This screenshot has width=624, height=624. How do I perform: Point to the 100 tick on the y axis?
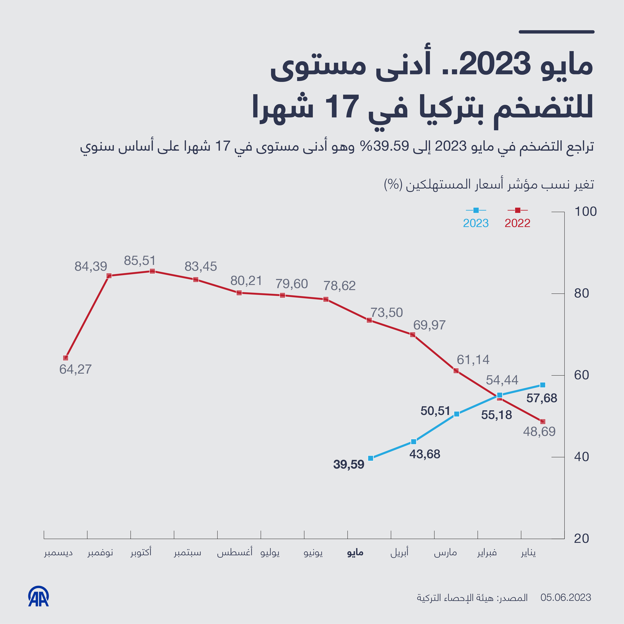pyautogui.click(x=585, y=212)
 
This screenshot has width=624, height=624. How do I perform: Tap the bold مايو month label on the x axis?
pyautogui.click(x=355, y=553)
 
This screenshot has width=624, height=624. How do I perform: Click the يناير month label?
pyautogui.click(x=528, y=553)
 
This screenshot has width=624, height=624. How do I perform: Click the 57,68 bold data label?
pyautogui.click(x=542, y=398)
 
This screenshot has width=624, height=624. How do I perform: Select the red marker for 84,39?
pyautogui.click(x=109, y=276)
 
